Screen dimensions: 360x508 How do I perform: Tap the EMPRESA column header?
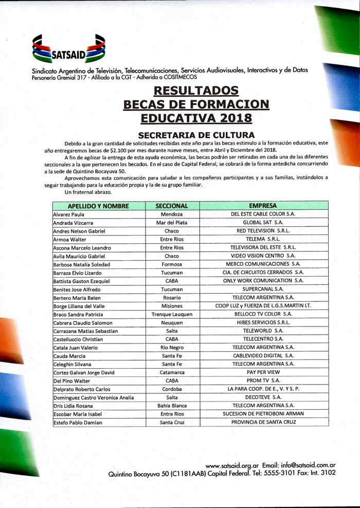(263, 206)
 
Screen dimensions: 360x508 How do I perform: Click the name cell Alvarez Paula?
(69, 214)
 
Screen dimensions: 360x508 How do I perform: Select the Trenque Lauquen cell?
(172, 314)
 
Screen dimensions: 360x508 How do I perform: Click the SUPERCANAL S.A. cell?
(263, 289)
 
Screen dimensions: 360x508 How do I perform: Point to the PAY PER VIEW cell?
(263, 372)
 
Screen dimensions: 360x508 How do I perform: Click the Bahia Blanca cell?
(172, 406)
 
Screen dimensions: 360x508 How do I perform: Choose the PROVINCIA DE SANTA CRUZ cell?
(263, 422)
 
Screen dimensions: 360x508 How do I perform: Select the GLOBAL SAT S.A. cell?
(263, 223)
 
